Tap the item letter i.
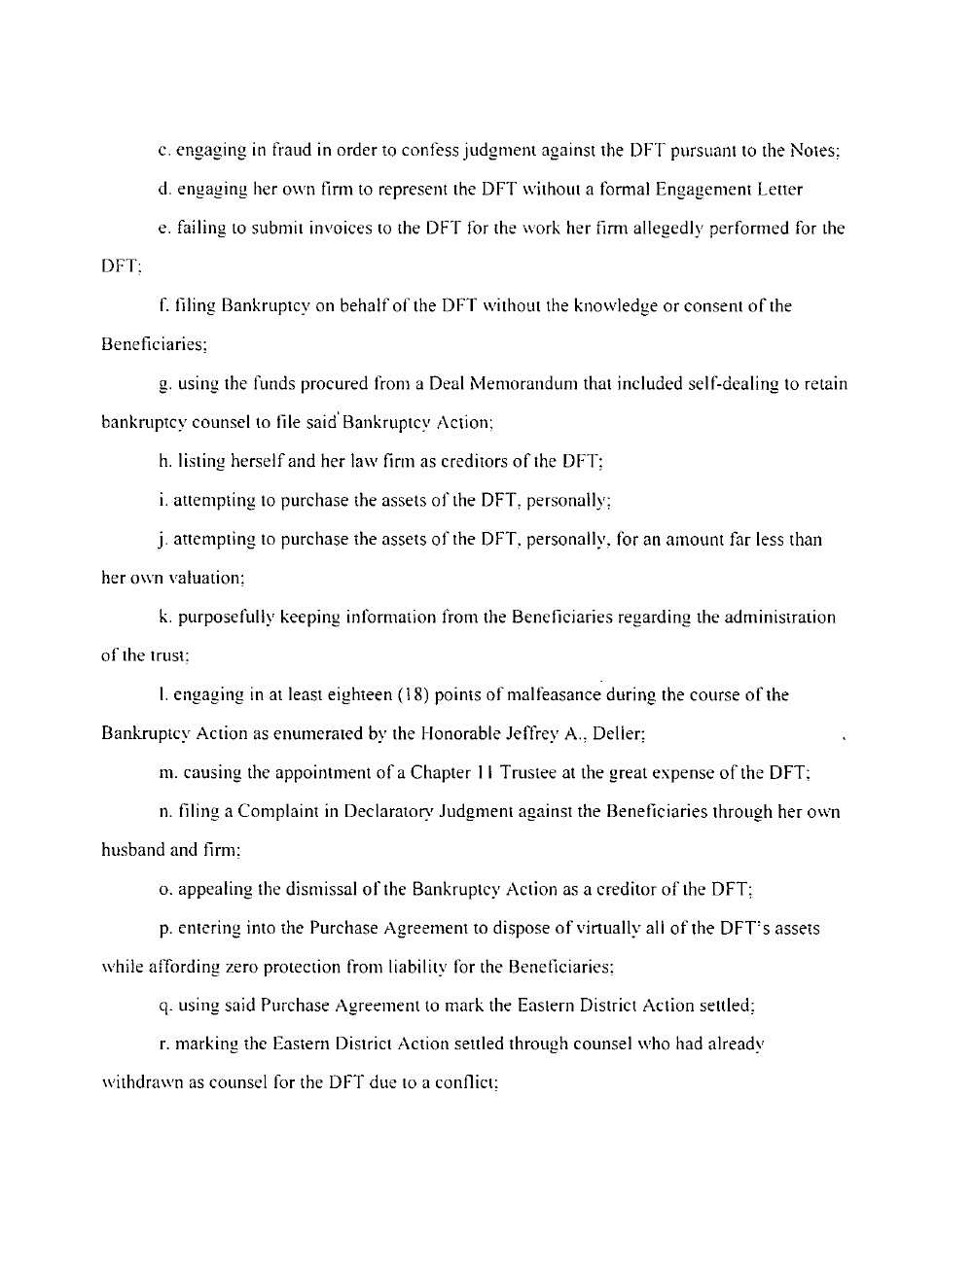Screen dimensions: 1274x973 click(x=161, y=501)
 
